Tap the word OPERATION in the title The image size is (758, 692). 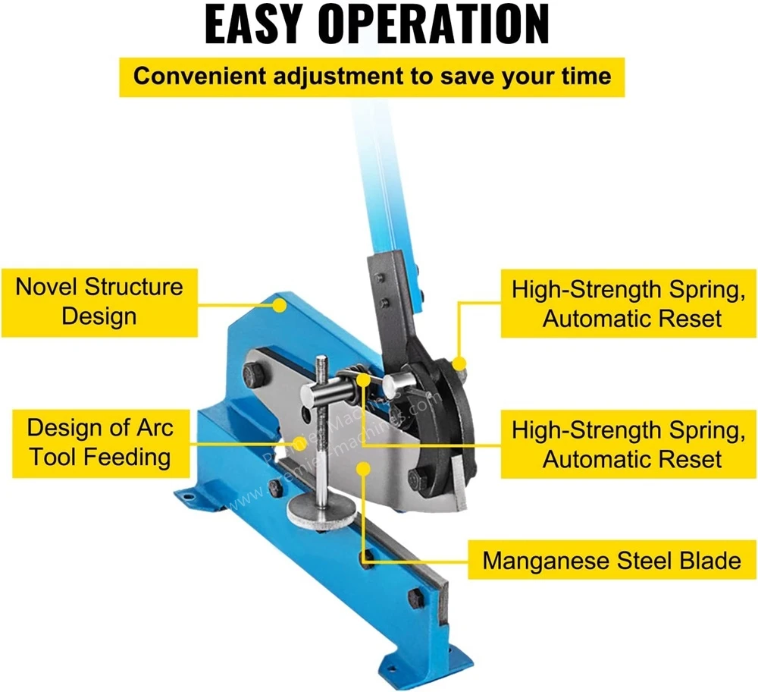(434, 24)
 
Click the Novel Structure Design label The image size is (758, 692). (99, 301)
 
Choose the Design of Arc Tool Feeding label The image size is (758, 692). (99, 442)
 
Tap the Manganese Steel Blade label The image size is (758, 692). (612, 561)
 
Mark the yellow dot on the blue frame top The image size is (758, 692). (280, 306)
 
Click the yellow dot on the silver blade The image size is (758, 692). (365, 471)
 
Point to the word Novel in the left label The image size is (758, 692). (48, 287)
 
